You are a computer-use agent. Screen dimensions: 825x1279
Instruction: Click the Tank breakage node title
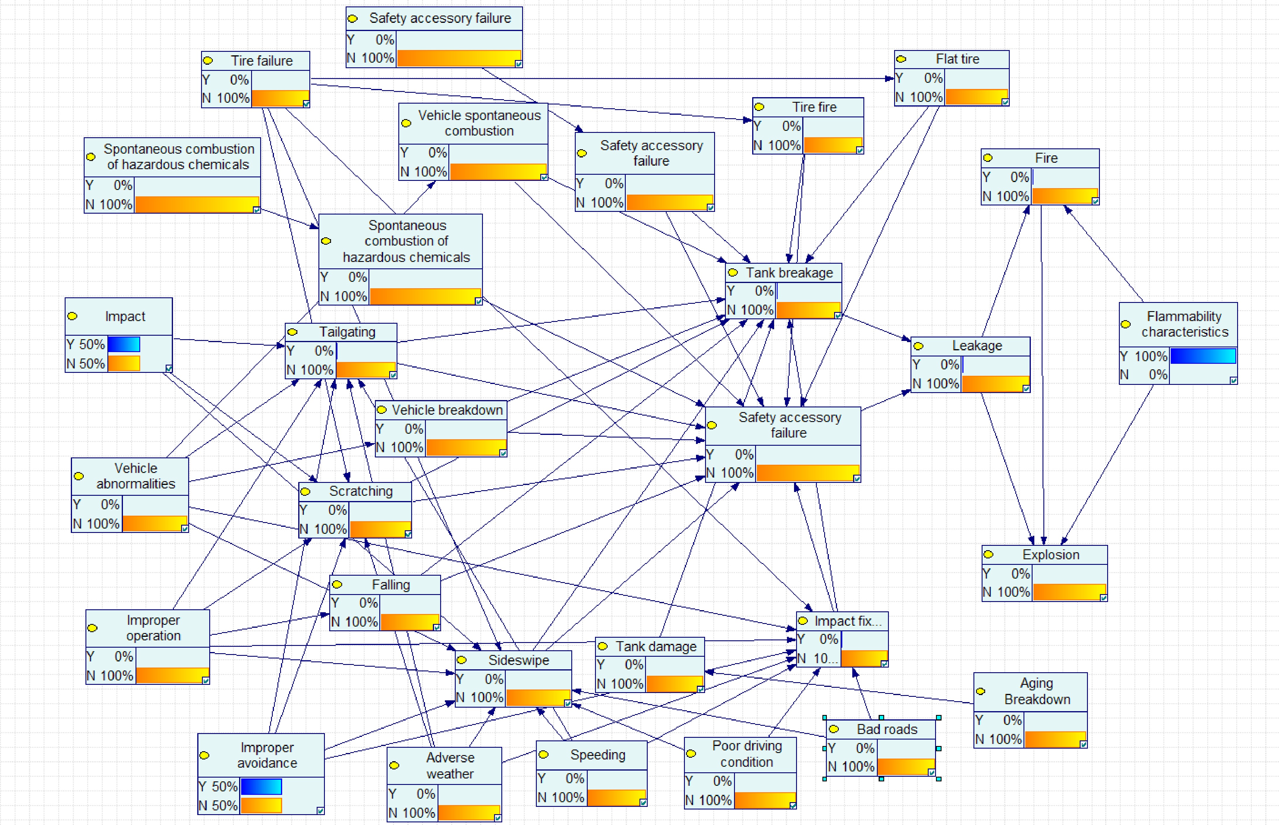789,273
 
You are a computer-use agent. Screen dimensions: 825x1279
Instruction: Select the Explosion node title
1050,555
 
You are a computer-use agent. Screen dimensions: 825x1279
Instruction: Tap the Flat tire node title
957,59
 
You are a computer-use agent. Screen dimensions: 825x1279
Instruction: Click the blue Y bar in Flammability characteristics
1202,356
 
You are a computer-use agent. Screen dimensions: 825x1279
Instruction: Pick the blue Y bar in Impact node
124,344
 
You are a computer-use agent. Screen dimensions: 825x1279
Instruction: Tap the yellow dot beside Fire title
987,158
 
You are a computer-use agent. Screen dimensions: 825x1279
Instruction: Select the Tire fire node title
814,107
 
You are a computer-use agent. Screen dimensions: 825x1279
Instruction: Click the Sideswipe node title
518,660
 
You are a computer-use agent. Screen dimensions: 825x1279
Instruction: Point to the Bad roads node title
887,729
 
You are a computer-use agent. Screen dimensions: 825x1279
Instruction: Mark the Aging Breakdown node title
1037,691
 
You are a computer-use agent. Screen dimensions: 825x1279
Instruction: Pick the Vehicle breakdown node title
447,410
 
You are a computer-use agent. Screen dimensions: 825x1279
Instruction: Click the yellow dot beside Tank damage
603,646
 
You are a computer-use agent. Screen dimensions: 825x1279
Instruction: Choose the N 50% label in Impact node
86,364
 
